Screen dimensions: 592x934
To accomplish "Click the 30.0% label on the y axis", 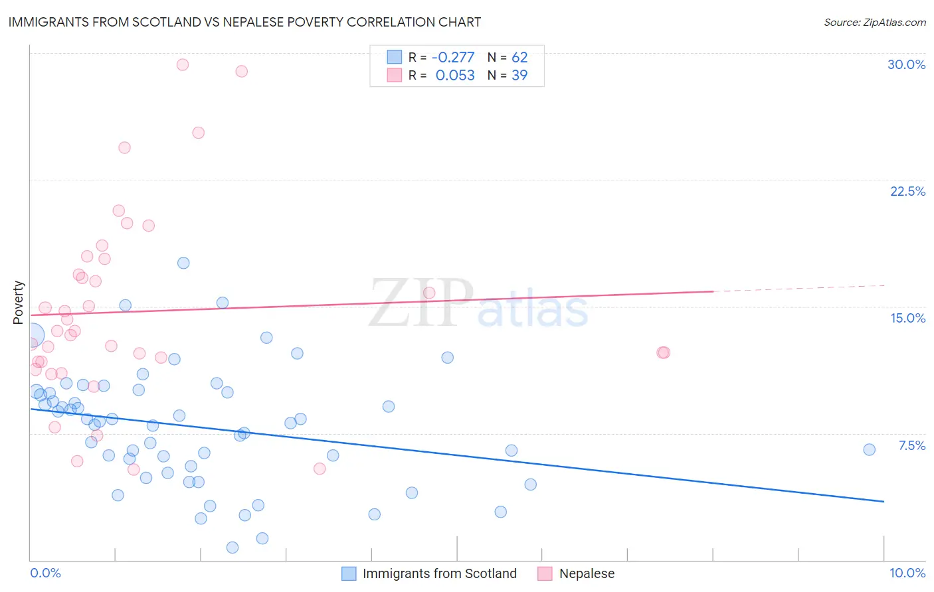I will click(x=906, y=64).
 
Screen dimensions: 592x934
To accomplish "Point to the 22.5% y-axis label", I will click(x=907, y=191).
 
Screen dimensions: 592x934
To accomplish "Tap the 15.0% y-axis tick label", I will click(x=907, y=318).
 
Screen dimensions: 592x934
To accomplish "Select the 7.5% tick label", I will click(x=911, y=445).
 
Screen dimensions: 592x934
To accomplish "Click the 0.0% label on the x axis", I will click(x=45, y=573).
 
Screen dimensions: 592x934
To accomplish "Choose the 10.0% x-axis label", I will click(x=907, y=573).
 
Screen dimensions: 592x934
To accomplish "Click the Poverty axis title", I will click(x=18, y=303).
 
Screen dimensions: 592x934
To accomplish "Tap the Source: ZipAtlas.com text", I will click(x=874, y=23).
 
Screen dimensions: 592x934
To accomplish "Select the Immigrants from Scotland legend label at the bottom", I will click(x=439, y=573).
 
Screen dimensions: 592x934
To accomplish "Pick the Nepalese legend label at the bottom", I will click(x=587, y=573).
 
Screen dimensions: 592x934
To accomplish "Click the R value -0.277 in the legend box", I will click(x=453, y=57).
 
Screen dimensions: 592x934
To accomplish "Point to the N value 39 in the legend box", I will click(x=519, y=75).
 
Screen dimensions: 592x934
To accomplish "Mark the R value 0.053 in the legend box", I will click(x=455, y=75).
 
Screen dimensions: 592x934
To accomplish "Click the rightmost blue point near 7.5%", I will click(x=869, y=449).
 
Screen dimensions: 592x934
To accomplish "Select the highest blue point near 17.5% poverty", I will click(x=183, y=263).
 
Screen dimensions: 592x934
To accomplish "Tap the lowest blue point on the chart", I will click(x=233, y=548).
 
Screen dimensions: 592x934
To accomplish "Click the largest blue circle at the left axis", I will click(x=32, y=336).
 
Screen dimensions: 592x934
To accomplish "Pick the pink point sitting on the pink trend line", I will click(x=429, y=293).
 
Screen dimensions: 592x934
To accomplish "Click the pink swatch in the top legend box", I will click(x=395, y=75).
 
